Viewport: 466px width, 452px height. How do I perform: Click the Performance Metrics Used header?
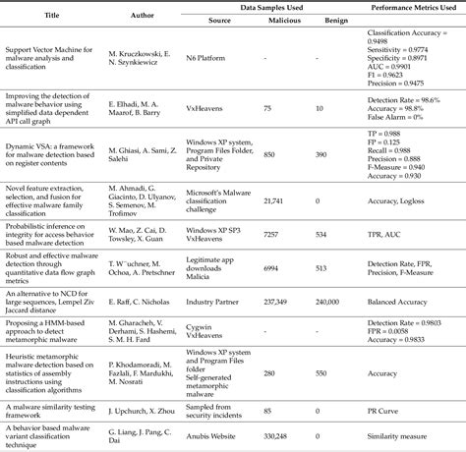(x=410, y=7)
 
